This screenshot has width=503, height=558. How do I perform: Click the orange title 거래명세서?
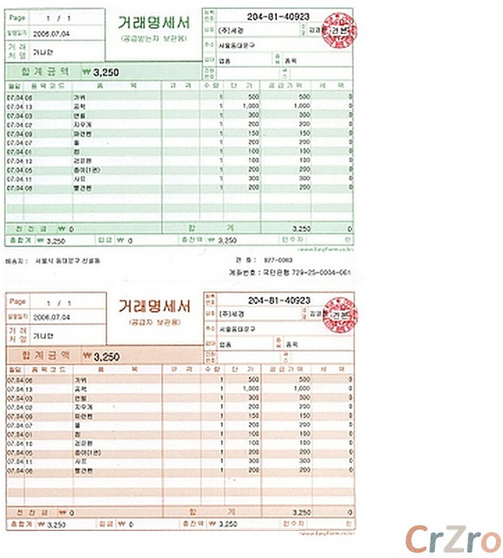[153, 306]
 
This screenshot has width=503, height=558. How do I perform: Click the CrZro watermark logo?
[451, 538]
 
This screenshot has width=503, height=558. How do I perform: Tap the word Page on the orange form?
[18, 302]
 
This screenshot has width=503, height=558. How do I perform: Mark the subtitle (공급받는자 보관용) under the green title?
[154, 41]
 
